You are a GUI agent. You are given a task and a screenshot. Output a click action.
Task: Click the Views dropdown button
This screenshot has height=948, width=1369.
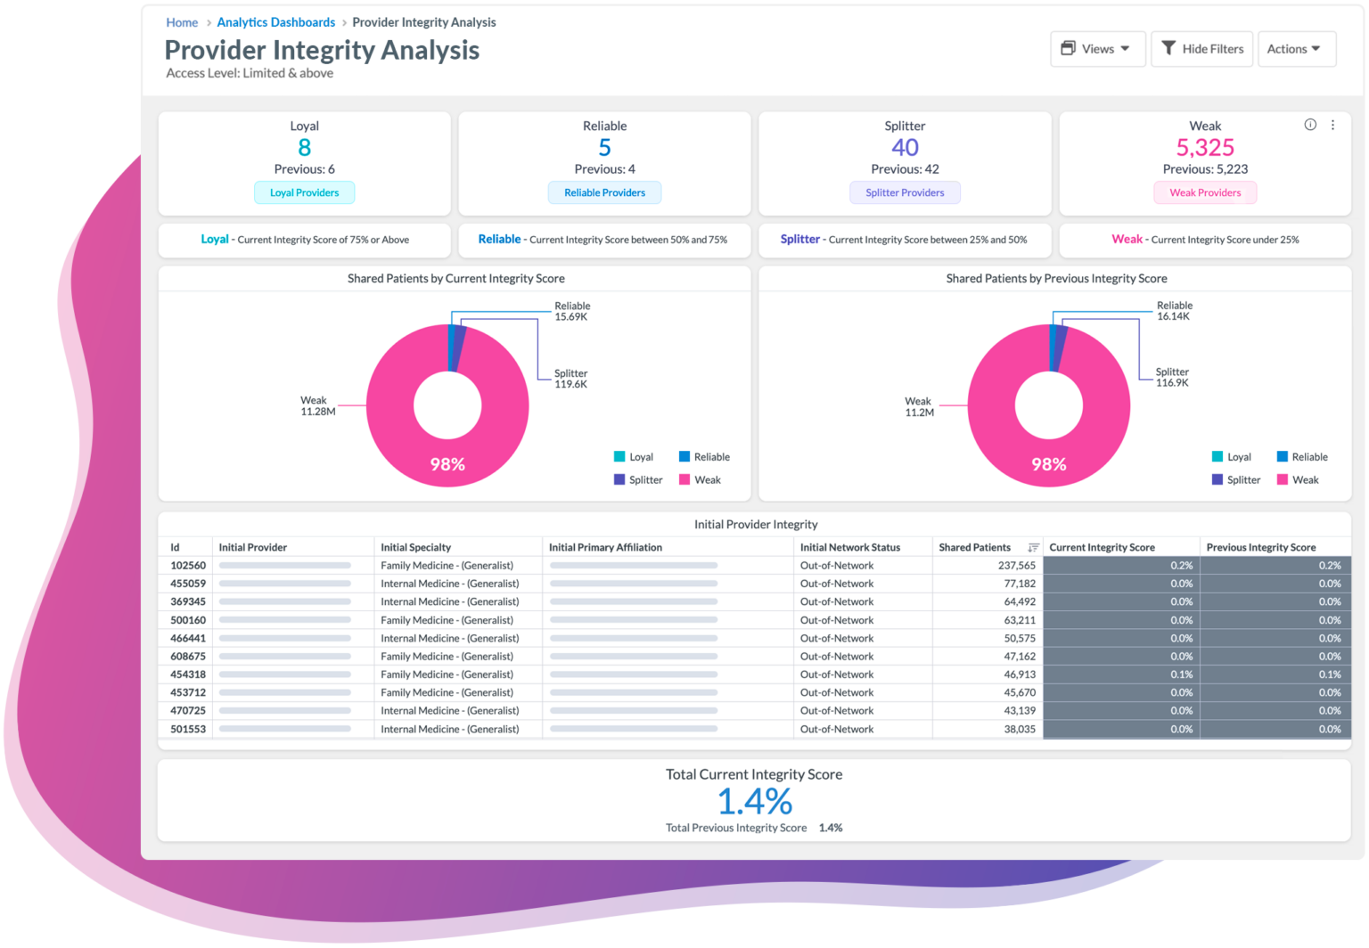tap(1096, 49)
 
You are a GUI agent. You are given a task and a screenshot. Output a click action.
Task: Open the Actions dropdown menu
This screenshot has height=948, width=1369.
tap(1295, 49)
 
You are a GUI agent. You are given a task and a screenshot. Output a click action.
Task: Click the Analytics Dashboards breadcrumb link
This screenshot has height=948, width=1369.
tap(275, 22)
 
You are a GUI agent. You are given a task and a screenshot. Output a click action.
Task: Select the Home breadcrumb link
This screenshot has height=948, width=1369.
tap(182, 22)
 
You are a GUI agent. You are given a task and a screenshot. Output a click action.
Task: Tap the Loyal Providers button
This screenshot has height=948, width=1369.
tap(304, 192)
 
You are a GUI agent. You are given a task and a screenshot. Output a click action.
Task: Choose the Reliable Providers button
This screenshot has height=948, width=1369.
tap(604, 192)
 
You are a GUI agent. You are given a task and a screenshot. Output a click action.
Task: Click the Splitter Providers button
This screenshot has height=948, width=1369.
tap(905, 192)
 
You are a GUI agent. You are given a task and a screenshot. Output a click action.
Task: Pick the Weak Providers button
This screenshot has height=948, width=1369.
tap(1204, 192)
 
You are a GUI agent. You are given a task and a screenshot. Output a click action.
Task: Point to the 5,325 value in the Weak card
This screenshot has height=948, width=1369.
tap(1204, 148)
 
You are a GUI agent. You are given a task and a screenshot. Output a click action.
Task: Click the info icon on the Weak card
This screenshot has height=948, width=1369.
tap(1309, 125)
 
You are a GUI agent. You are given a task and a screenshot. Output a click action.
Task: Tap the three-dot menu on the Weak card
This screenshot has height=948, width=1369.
tap(1332, 125)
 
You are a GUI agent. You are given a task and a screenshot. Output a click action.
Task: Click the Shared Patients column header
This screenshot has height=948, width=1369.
tap(974, 547)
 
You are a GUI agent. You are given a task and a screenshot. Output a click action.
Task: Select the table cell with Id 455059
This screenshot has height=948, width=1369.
tap(188, 584)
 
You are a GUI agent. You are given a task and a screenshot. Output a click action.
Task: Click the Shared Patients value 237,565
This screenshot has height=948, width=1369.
tap(1016, 566)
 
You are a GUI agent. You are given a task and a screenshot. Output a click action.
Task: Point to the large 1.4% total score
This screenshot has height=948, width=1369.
tap(754, 802)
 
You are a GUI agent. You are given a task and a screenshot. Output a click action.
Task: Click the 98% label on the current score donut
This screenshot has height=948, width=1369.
tap(447, 464)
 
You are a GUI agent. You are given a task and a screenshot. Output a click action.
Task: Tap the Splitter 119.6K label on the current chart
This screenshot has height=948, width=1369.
tap(570, 380)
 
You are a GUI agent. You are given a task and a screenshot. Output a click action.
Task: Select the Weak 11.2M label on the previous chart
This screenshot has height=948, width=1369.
tap(919, 407)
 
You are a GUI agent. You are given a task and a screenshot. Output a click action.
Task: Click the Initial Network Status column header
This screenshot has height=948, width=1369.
tap(849, 547)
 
